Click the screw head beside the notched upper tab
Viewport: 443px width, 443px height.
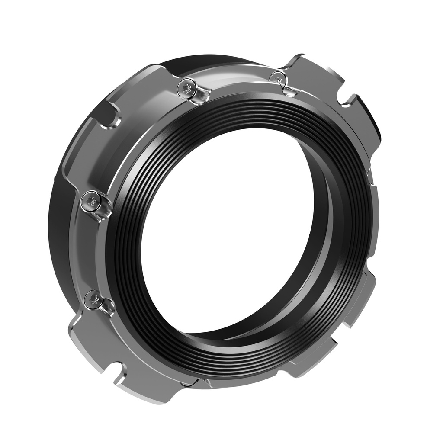(277, 79)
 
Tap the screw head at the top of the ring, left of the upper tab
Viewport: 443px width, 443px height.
(187, 88)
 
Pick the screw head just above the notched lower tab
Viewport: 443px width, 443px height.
(93, 299)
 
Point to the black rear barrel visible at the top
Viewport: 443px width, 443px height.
(203, 63)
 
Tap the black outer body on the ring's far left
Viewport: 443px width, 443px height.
(58, 225)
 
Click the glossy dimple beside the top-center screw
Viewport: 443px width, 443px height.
(200, 96)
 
